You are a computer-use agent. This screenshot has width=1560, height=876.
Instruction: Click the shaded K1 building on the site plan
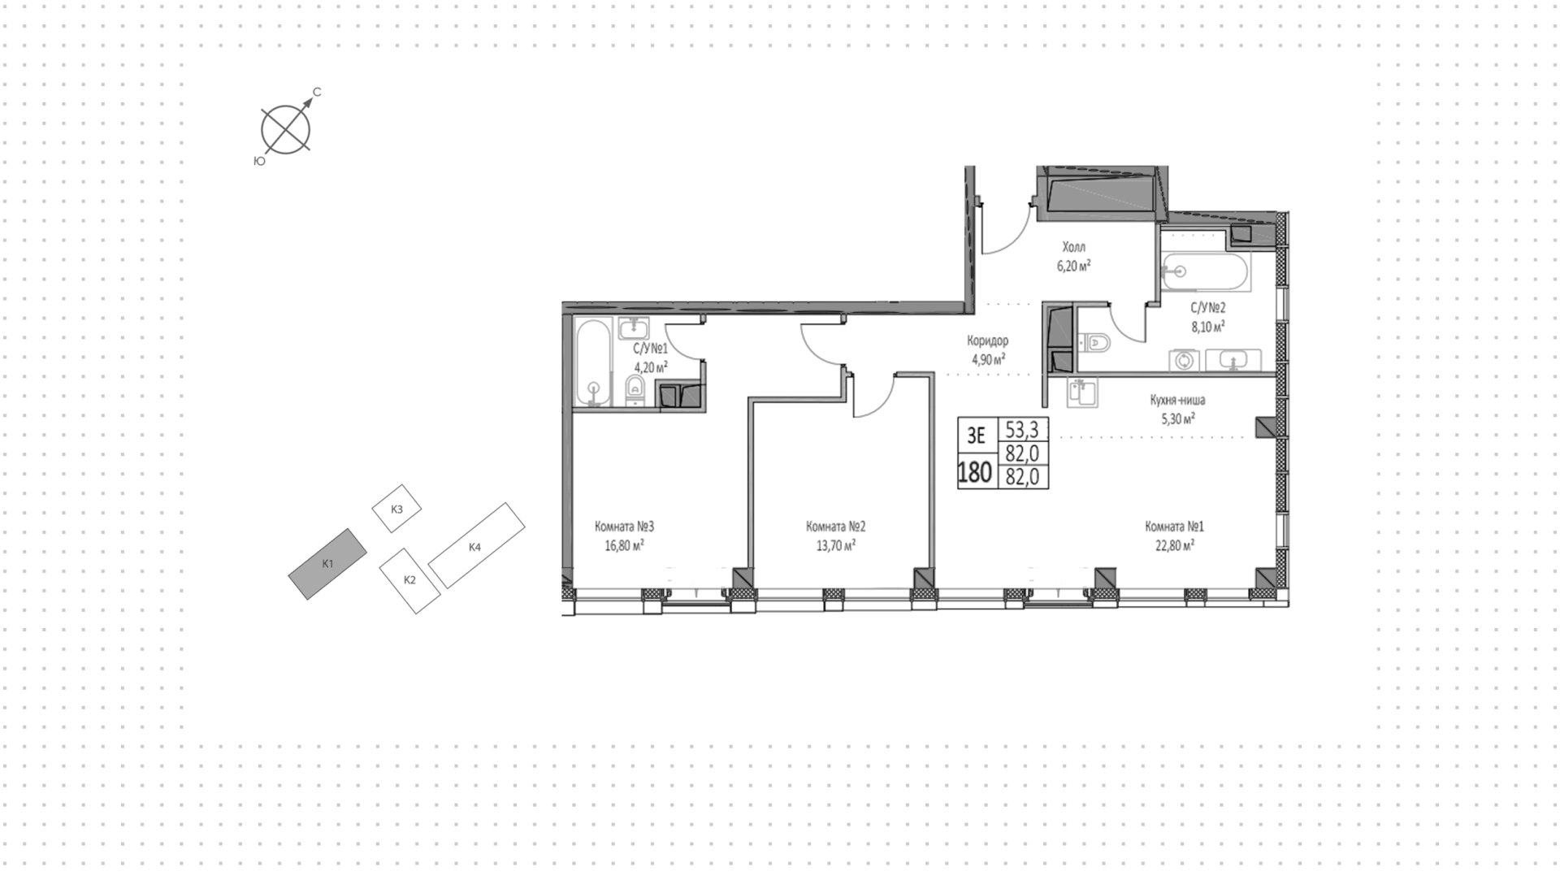327,563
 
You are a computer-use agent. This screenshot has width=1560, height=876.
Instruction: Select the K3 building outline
396,509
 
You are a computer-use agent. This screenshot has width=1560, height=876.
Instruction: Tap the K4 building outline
476,544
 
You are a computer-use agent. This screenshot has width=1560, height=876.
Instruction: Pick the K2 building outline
410,580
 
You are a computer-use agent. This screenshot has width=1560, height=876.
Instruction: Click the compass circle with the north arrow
286,129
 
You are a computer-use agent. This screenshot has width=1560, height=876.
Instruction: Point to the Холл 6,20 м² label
1073,255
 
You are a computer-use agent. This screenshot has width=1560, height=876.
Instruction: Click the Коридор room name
987,340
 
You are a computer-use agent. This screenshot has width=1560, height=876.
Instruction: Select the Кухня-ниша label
1177,400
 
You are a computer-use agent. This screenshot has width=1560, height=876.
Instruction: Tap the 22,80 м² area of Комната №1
1175,547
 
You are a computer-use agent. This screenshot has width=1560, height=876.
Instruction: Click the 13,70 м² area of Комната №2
836,547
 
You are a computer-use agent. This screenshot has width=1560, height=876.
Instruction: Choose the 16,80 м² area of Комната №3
624,547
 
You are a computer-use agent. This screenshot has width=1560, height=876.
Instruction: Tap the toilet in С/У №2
1094,343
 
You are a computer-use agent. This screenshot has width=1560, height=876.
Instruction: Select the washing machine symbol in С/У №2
1184,360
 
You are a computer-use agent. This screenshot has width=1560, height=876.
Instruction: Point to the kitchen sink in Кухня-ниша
1083,393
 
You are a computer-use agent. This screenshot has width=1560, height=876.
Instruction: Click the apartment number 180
975,472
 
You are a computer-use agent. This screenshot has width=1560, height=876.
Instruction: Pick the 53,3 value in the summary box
1022,429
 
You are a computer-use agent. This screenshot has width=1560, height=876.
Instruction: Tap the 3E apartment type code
976,436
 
